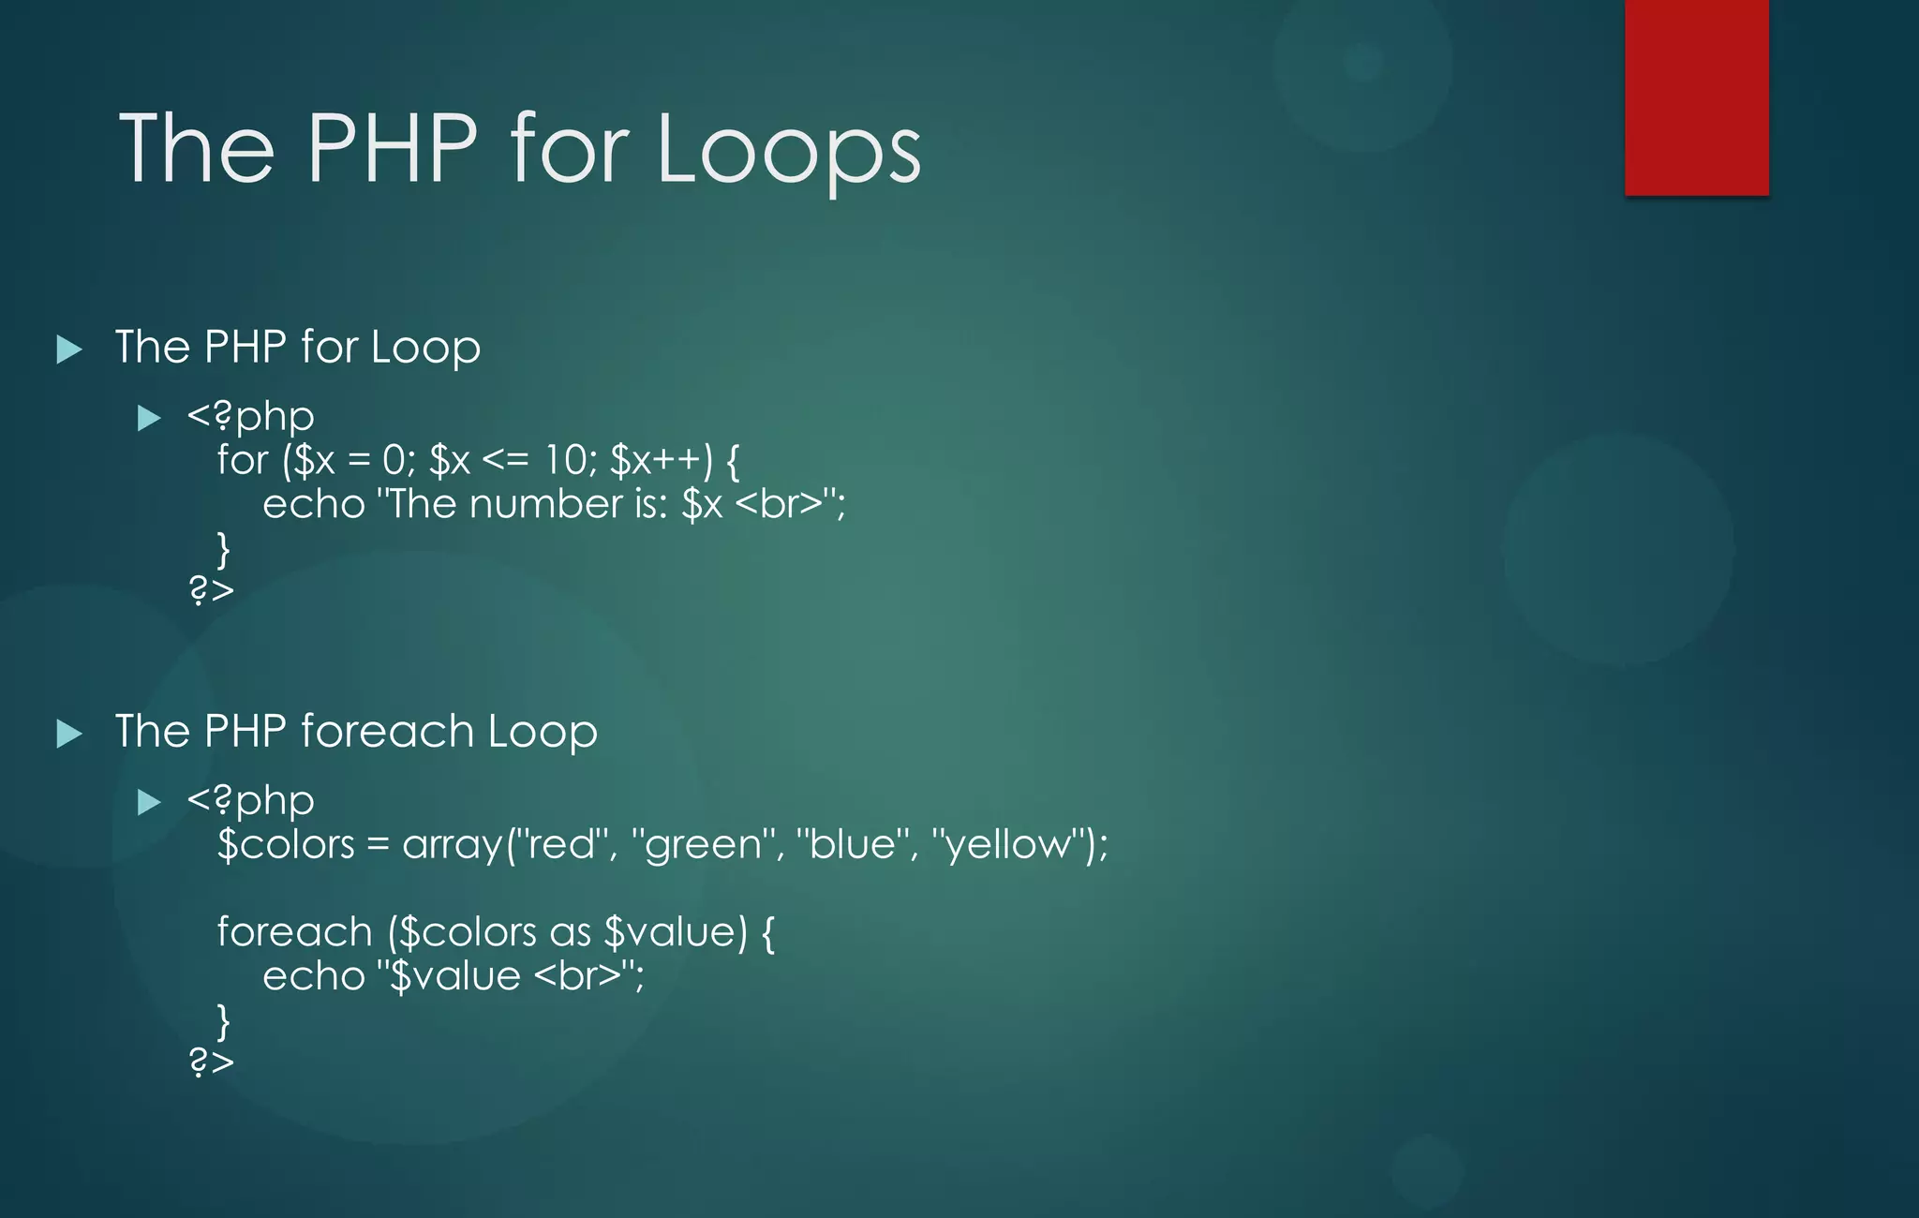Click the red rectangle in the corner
tap(1696, 97)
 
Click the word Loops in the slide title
tap(789, 150)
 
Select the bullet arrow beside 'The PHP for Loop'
tap(69, 349)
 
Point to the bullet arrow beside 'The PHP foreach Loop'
tap(69, 734)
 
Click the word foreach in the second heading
tap(387, 731)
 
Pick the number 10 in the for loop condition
tap(566, 460)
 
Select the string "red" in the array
tap(562, 844)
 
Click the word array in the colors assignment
tap(453, 844)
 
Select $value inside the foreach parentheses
tap(674, 932)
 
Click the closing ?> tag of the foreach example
tap(211, 1062)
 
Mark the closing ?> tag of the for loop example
tap(211, 590)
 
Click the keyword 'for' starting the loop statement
tap(242, 460)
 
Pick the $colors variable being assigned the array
tap(286, 844)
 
